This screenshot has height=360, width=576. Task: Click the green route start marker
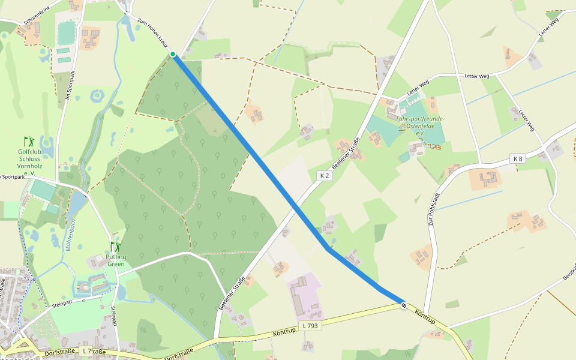[x=173, y=55]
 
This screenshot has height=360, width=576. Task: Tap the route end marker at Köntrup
[x=404, y=305]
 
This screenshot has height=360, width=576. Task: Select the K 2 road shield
[x=324, y=176]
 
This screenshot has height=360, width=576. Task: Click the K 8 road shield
[x=518, y=158]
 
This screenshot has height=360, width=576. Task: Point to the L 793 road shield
[x=310, y=326]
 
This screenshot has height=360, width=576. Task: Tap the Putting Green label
[x=116, y=260]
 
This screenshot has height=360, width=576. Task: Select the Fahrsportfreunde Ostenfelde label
[x=420, y=122]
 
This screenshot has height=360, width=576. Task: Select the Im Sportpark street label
[x=70, y=86]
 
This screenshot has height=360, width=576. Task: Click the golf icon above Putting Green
[x=115, y=247]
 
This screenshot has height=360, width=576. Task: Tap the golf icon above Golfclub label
[x=29, y=142]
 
